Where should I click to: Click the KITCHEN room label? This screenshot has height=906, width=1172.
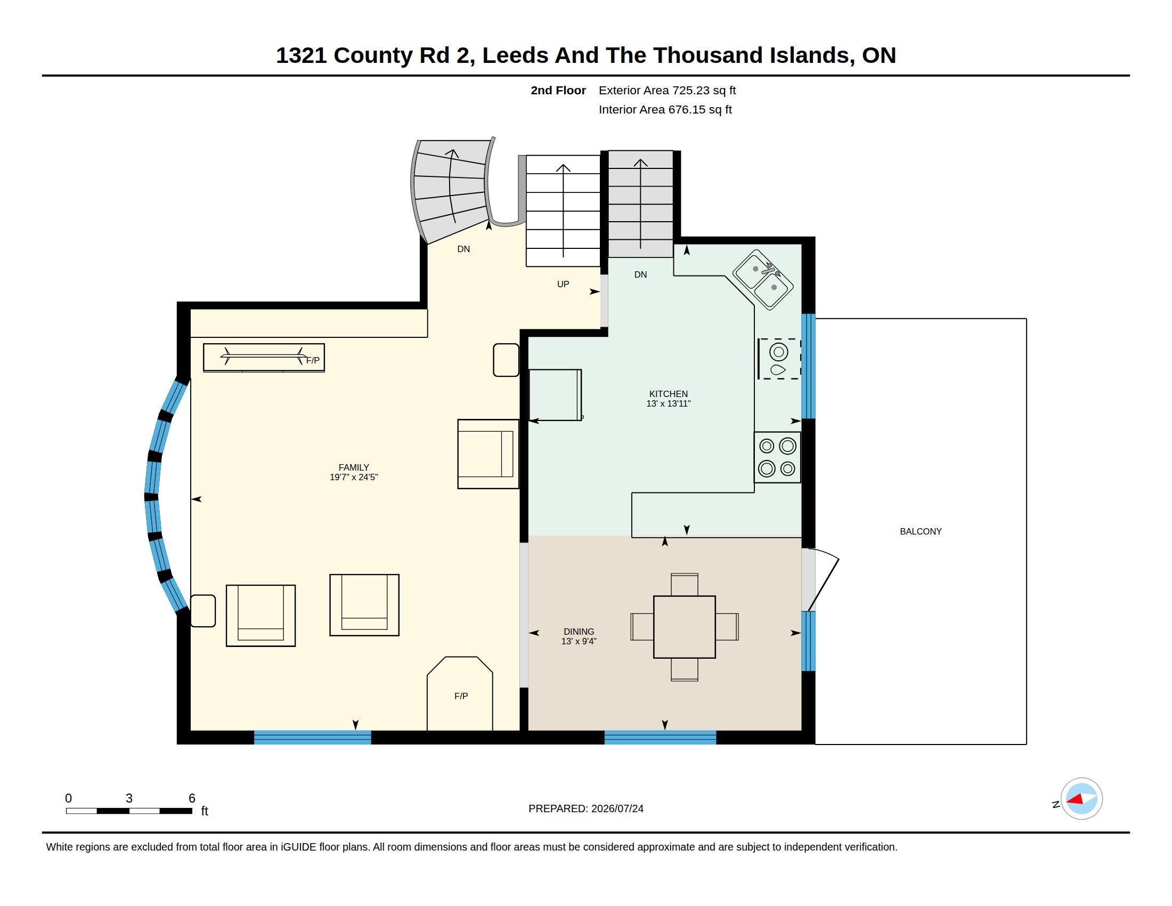tap(668, 394)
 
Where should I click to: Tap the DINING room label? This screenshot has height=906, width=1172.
tap(579, 632)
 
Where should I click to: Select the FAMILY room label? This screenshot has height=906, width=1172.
tap(354, 467)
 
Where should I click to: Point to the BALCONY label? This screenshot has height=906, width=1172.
tap(921, 531)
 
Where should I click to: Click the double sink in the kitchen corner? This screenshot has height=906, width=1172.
tap(762, 279)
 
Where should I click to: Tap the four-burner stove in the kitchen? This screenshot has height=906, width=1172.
tap(777, 457)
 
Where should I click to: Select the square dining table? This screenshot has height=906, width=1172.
tap(684, 627)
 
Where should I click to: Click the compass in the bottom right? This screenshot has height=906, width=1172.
tap(1081, 799)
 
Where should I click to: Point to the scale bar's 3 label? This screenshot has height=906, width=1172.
tap(129, 798)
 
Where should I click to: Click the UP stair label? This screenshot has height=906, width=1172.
tap(563, 284)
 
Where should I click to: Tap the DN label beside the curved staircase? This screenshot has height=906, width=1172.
tap(463, 249)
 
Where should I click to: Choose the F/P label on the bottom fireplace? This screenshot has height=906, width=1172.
tap(461, 696)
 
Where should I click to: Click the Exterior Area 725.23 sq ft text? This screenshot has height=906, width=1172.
tap(667, 90)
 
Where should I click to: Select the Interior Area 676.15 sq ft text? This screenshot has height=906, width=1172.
tap(665, 109)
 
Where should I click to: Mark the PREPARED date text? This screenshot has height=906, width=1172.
tap(585, 808)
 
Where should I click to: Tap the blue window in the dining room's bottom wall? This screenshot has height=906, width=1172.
tap(660, 738)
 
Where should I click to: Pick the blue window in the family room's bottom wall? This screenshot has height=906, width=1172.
tap(312, 738)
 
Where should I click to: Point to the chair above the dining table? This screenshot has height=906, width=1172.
tap(684, 584)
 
